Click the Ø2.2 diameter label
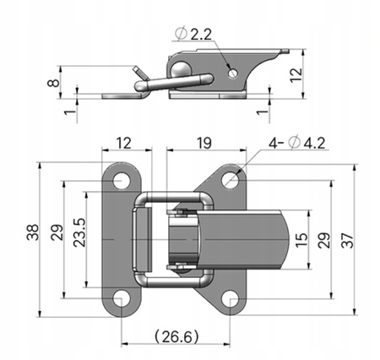click(x=193, y=34)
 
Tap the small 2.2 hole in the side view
click(x=233, y=74)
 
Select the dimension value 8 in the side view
click(x=53, y=83)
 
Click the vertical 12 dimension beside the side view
click(x=296, y=75)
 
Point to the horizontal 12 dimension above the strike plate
click(x=123, y=143)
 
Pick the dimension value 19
click(x=204, y=143)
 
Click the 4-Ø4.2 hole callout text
click(x=297, y=143)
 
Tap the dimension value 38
click(x=33, y=232)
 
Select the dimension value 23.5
click(x=79, y=232)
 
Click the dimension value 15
click(x=301, y=240)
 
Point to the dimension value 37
click(x=347, y=240)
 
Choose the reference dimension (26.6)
click(x=176, y=335)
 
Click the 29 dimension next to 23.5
click(x=57, y=232)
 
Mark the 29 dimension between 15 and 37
click(x=324, y=240)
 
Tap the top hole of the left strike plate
click(x=122, y=181)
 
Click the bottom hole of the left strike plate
click(x=122, y=298)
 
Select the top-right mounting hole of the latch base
click(x=230, y=180)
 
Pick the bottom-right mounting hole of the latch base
click(x=230, y=299)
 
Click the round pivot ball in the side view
click(x=181, y=68)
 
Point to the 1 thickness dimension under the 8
click(x=70, y=112)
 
